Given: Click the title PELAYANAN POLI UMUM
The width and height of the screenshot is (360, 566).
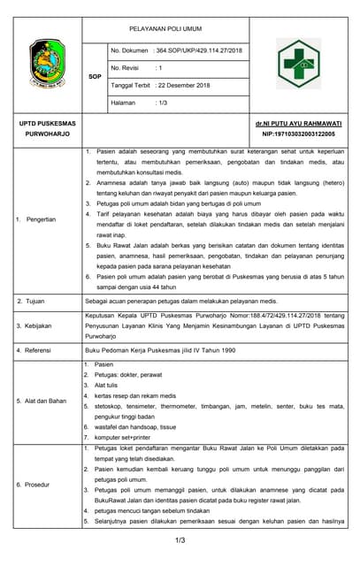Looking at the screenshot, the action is click(166, 29).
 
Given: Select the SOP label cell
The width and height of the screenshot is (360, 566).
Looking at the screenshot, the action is click(96, 77).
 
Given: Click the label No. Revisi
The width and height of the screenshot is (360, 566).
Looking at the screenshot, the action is click(126, 67).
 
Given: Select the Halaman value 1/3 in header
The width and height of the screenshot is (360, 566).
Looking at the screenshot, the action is click(162, 103).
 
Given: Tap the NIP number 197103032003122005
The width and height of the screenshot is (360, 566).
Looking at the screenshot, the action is click(299, 134).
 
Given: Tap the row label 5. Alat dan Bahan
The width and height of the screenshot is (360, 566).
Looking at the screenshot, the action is click(43, 401).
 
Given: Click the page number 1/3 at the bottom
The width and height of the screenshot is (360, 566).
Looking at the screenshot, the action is click(180, 539).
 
